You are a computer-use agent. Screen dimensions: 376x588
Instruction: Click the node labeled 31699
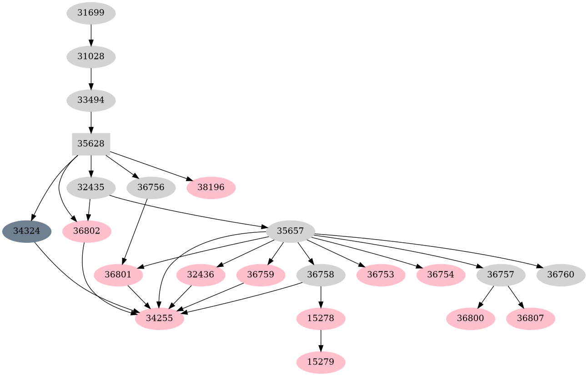point(91,13)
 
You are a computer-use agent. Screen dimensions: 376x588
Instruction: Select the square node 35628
point(91,144)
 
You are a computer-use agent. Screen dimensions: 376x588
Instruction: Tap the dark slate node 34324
point(27,231)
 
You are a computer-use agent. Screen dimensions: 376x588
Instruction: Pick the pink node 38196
point(211,187)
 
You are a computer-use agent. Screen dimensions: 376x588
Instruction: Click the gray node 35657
point(291,231)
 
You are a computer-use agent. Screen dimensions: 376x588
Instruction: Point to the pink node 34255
point(160,318)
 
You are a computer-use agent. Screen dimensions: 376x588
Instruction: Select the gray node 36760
point(561,275)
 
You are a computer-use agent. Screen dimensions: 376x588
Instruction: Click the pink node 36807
point(531,318)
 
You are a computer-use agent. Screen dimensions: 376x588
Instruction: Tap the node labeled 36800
point(471,318)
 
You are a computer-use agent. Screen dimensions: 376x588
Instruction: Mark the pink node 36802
point(87,231)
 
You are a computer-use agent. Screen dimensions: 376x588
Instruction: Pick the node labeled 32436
point(201,275)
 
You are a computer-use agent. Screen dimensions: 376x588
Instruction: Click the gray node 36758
point(321,275)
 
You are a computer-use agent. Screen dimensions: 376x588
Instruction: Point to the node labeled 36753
point(381,275)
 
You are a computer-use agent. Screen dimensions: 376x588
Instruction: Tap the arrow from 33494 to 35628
point(91,122)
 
